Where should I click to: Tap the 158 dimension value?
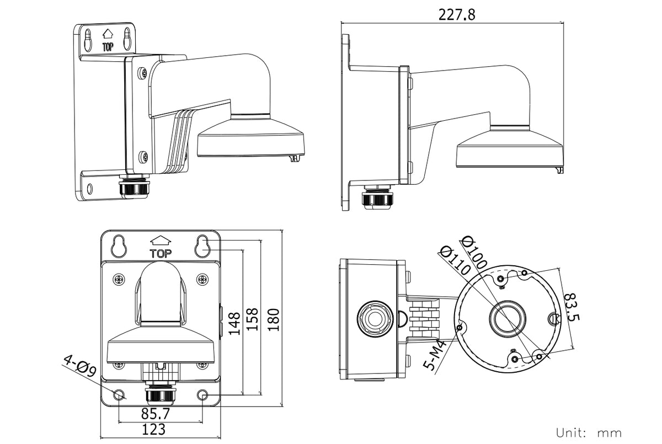(253, 319)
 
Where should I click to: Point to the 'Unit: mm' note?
(589, 432)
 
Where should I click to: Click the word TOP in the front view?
(161, 254)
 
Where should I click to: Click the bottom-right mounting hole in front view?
(203, 395)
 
